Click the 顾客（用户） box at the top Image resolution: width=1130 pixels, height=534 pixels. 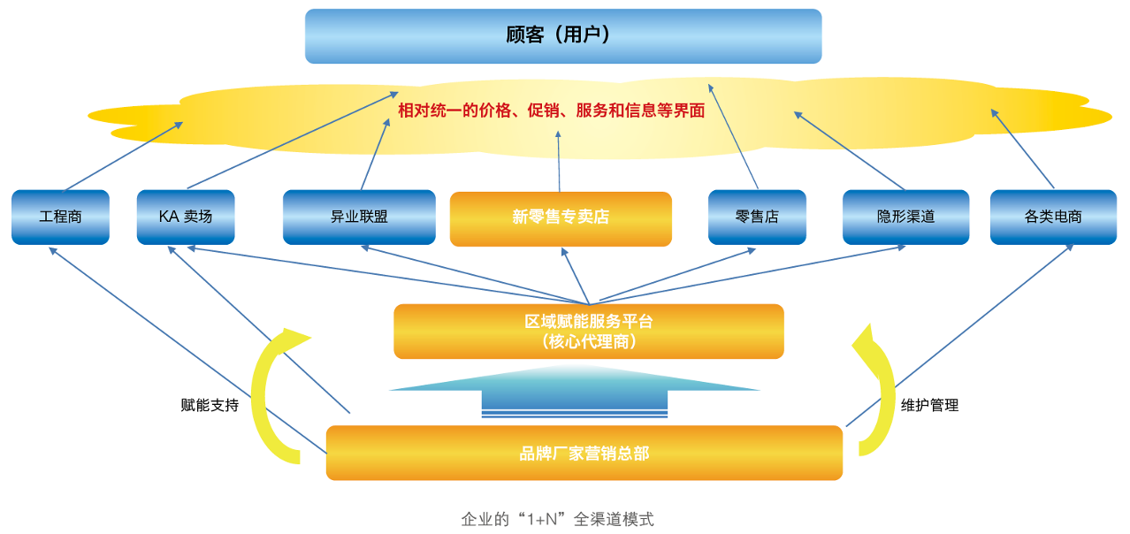click(562, 36)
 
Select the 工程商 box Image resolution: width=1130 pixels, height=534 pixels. click(60, 217)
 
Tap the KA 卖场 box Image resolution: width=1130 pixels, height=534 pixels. click(186, 217)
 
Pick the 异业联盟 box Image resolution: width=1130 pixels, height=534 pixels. click(359, 217)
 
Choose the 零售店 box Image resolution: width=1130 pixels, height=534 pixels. click(757, 217)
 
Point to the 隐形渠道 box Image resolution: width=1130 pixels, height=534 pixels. click(905, 217)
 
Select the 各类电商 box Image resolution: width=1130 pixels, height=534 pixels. click(1053, 217)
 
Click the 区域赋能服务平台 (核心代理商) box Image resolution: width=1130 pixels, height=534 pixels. click(588, 332)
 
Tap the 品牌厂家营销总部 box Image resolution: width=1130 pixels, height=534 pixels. click(584, 453)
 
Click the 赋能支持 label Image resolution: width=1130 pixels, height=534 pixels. click(210, 406)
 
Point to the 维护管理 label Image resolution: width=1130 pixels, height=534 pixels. click(929, 406)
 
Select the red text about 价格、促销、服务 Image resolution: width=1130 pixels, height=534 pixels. click(551, 111)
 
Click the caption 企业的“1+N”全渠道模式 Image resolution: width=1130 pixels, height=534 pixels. click(557, 519)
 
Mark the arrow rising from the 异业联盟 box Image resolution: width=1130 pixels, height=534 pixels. click(375, 155)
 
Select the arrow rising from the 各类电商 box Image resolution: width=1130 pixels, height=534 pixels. click(1023, 149)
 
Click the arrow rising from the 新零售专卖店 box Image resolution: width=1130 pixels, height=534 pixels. click(560, 161)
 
